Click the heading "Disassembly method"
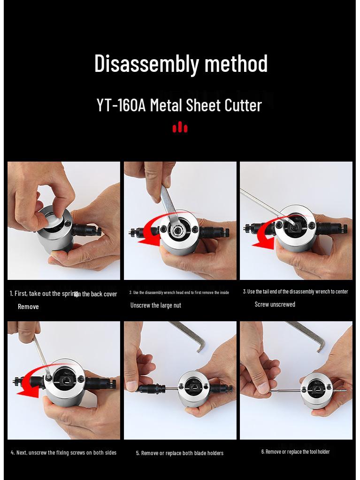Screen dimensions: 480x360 pos(181,63)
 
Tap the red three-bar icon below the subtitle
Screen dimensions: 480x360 pos(180,127)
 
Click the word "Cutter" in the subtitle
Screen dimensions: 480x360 pos(243,105)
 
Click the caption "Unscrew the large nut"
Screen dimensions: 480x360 pos(155,305)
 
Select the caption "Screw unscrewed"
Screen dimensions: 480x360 pos(275,304)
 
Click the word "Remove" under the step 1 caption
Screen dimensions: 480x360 pos(28,307)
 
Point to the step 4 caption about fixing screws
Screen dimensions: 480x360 pos(63,453)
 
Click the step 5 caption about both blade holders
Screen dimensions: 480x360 pos(180,453)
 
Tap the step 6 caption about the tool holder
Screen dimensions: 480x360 pos(295,452)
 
